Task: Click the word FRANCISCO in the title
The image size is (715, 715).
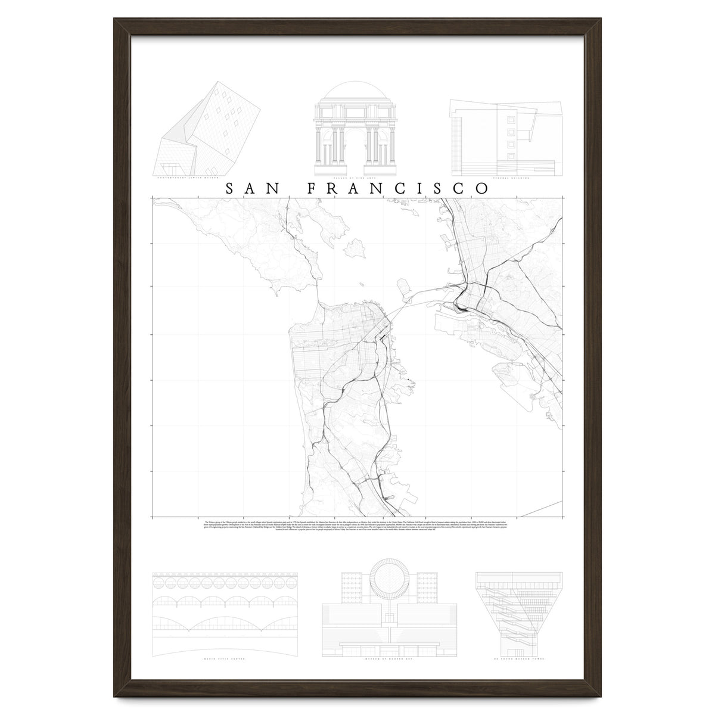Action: click(398, 188)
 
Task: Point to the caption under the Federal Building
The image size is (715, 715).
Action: click(507, 177)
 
